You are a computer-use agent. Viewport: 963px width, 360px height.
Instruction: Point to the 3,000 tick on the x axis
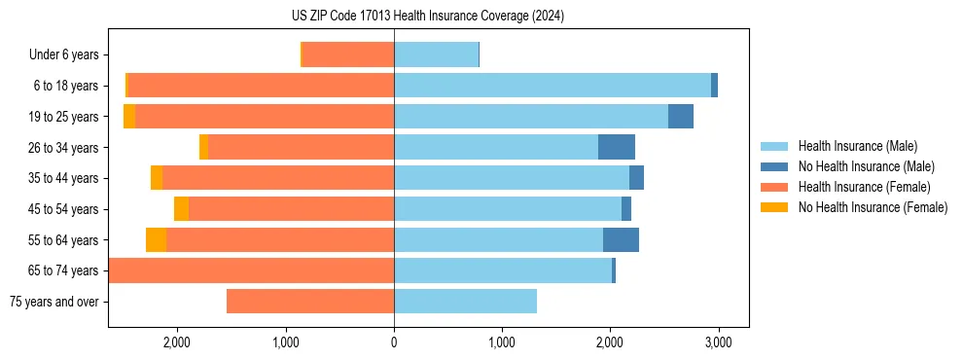(x=718, y=342)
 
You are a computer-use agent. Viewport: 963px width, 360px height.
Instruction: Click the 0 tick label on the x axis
(x=394, y=342)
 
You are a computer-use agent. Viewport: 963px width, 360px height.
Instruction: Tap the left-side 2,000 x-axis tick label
(x=177, y=342)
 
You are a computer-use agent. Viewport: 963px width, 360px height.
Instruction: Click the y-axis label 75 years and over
(x=54, y=302)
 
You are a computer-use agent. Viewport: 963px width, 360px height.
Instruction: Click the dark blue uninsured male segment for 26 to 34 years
(x=616, y=147)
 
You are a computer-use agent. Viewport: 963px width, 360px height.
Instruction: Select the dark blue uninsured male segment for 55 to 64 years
(x=621, y=239)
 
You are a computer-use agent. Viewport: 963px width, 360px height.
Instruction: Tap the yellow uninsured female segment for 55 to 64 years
(x=156, y=239)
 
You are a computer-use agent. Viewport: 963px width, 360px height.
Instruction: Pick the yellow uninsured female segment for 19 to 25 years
(x=129, y=117)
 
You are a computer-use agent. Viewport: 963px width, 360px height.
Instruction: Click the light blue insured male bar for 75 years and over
(x=465, y=302)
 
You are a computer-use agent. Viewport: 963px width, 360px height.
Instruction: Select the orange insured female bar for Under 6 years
(x=348, y=54)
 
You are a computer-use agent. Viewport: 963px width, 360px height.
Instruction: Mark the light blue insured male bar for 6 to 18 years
(x=552, y=86)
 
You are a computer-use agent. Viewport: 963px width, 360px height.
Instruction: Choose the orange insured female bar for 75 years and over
(x=310, y=302)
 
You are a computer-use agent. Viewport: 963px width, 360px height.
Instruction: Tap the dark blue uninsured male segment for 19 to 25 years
(x=681, y=117)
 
